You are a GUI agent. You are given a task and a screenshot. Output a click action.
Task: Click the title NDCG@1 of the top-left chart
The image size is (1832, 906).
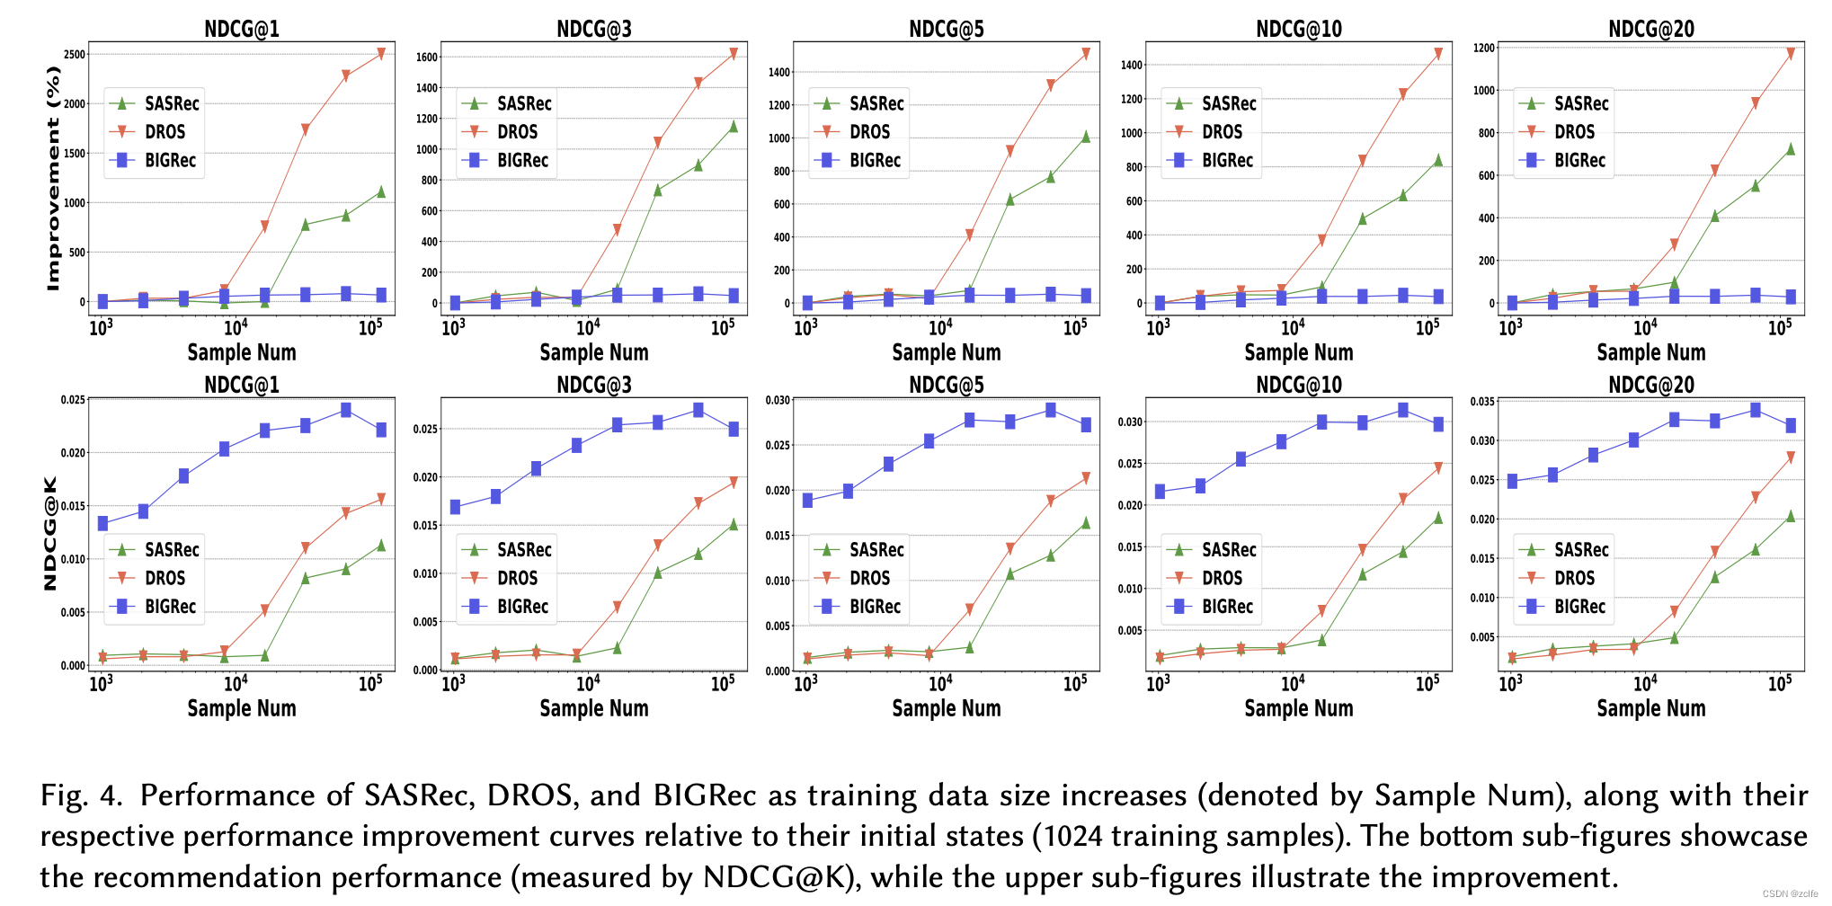pyautogui.click(x=241, y=29)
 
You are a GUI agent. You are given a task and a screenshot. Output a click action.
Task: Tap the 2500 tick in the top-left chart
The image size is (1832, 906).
pyautogui.click(x=75, y=54)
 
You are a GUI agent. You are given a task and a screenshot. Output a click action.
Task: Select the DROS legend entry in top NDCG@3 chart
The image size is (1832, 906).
pyautogui.click(x=517, y=132)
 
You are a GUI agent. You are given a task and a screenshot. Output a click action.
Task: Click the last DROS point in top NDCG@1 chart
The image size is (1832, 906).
pyautogui.click(x=381, y=54)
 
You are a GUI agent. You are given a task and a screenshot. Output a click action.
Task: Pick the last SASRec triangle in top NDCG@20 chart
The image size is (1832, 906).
pyautogui.click(x=1790, y=149)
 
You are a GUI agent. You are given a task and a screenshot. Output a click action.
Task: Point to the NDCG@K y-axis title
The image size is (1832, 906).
pyautogui.click(x=50, y=533)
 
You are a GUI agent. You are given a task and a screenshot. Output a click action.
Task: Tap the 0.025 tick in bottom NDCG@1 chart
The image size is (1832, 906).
pyautogui.click(x=74, y=400)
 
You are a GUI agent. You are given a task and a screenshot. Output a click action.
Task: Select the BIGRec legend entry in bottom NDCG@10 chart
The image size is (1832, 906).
pyautogui.click(x=1226, y=607)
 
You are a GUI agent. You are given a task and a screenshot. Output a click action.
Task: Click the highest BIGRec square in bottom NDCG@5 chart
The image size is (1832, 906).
pyautogui.click(x=1050, y=410)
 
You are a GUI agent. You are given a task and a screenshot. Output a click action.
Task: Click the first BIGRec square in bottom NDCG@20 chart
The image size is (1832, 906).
pyautogui.click(x=1512, y=482)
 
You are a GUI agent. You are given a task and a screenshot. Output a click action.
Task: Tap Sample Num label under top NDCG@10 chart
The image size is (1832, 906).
pyautogui.click(x=1298, y=352)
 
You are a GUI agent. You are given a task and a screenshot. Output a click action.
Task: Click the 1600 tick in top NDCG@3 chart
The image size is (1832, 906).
pyautogui.click(x=427, y=57)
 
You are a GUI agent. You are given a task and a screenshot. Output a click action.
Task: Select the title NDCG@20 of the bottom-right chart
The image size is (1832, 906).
pyautogui.click(x=1650, y=385)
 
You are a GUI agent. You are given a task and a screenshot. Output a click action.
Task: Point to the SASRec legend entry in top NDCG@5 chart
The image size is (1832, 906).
pyautogui.click(x=876, y=103)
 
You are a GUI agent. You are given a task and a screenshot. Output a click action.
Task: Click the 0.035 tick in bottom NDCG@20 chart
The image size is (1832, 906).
pyautogui.click(x=1483, y=402)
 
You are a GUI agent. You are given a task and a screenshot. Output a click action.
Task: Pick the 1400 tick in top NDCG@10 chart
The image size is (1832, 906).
pyautogui.click(x=1132, y=65)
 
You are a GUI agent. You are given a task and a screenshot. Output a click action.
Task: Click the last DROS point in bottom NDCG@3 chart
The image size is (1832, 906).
pyautogui.click(x=734, y=483)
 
